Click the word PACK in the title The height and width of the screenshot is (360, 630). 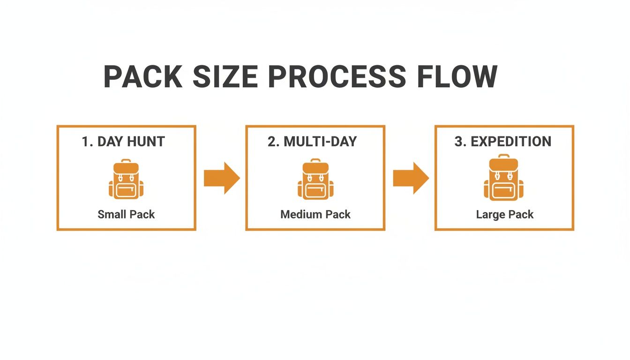click(142, 76)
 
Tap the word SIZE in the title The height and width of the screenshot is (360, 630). click(225, 76)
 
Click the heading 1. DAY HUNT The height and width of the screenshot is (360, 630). click(123, 142)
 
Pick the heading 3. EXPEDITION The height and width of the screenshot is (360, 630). click(503, 142)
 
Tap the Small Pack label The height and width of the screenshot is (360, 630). click(126, 215)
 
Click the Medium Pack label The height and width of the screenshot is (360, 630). click(315, 215)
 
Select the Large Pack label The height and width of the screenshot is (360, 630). click(505, 215)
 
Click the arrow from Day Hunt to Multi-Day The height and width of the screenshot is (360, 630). click(222, 178)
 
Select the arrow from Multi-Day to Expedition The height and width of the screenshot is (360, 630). click(411, 178)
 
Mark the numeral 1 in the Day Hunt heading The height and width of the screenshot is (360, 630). click(85, 142)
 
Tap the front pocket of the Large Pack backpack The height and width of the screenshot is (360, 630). click(504, 190)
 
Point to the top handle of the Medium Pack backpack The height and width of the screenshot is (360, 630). click(315, 161)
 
